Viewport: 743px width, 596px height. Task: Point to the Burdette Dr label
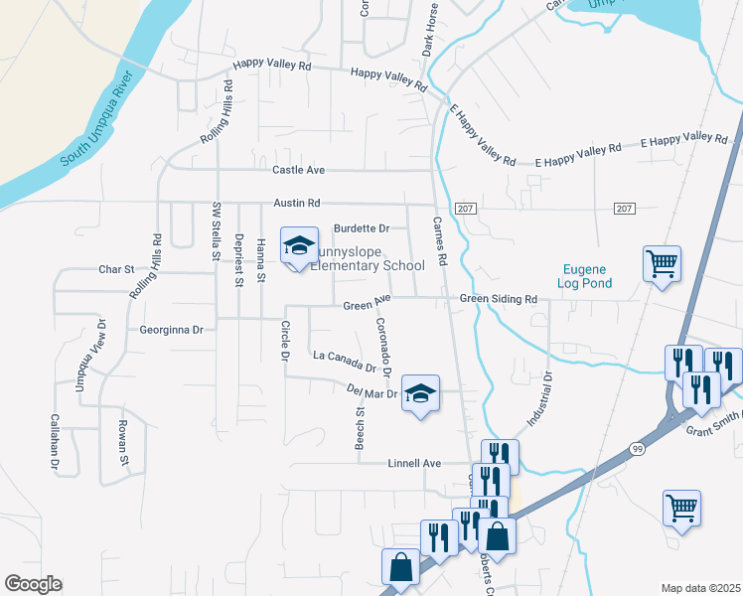362,228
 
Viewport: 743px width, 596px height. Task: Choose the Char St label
115,269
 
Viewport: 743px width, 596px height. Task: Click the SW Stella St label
216,230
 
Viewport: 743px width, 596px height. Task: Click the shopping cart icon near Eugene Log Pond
662,264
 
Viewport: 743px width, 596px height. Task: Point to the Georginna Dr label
171,329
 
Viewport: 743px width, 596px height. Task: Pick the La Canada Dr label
345,361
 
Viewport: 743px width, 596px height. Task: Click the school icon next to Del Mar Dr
420,393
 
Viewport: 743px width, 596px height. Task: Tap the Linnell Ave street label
413,463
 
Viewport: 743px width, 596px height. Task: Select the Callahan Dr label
56,440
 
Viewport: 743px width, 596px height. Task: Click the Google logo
33,584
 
